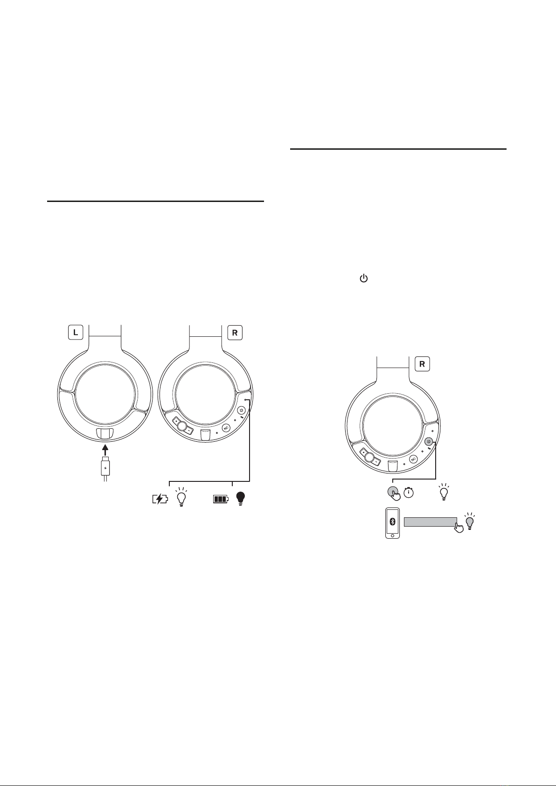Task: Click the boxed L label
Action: point(76,333)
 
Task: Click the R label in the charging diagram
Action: point(235,333)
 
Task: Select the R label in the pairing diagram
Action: point(422,364)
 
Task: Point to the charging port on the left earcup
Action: point(105,434)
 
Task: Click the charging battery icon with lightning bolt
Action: point(160,499)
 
